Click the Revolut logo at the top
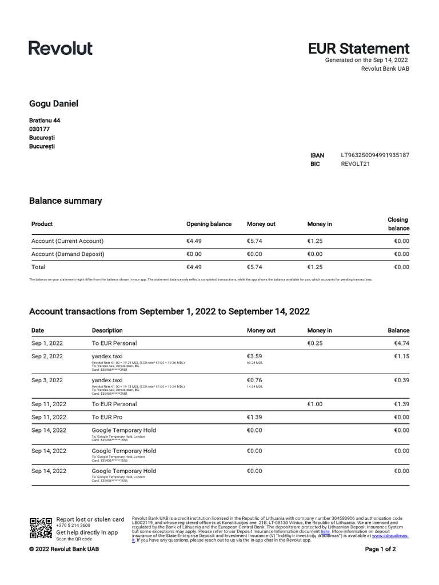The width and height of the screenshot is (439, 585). [x=61, y=48]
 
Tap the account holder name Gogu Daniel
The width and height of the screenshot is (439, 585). [x=54, y=103]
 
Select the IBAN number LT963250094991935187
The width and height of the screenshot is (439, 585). [x=375, y=155]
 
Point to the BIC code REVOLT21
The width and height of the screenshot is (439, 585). [x=356, y=164]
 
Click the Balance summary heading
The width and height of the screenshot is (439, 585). [x=65, y=201]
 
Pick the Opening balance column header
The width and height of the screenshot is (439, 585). [x=209, y=224]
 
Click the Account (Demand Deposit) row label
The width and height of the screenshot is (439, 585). [x=68, y=254]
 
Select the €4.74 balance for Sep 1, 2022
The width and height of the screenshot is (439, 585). [x=401, y=343]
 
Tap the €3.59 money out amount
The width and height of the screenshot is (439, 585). [x=254, y=356]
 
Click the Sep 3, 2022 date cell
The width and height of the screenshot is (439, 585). [x=47, y=380]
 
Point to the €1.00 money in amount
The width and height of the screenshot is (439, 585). [x=316, y=404]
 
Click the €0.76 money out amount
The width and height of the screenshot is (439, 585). [x=254, y=380]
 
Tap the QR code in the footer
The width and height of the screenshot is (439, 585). [x=41, y=528]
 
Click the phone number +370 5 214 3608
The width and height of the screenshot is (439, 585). [x=73, y=525]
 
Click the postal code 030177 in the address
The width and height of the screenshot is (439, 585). [x=39, y=129]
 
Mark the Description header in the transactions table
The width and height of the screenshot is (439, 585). [x=107, y=330]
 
